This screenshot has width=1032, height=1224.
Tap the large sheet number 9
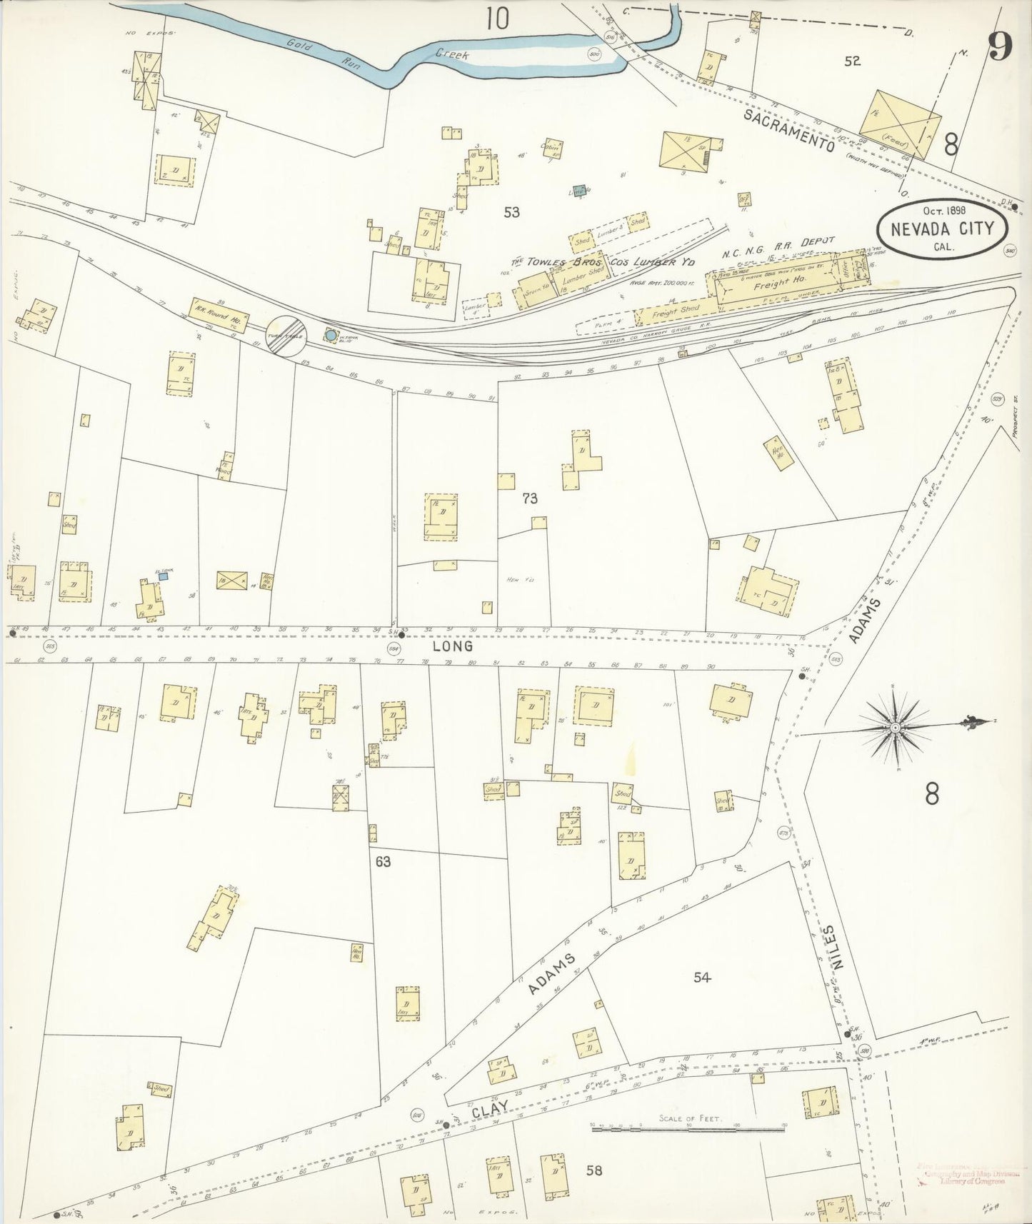1000,47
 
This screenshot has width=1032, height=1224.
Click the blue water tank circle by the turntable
330,333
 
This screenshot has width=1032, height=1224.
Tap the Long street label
452,646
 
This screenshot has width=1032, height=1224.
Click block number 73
529,499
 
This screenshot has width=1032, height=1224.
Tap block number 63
384,862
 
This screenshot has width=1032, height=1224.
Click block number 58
593,1170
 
